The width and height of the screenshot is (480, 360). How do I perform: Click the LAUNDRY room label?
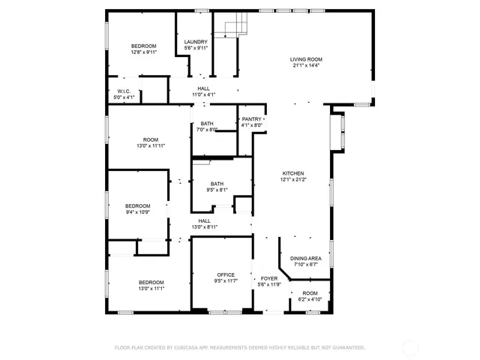[x=196, y=42]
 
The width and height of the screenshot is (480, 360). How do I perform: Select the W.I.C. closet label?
[x=124, y=92]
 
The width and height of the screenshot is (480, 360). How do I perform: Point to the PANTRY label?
[x=252, y=119]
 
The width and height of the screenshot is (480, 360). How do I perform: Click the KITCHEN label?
[x=292, y=172]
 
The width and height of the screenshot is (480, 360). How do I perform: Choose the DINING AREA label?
[x=305, y=258]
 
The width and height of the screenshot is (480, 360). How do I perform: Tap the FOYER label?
[x=268, y=278]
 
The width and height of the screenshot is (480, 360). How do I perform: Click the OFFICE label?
[x=226, y=274]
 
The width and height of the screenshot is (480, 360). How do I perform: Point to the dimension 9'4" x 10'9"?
[x=137, y=212]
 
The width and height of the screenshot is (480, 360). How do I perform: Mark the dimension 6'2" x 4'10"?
[x=309, y=299]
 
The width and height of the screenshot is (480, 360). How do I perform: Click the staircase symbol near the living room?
[x=235, y=27]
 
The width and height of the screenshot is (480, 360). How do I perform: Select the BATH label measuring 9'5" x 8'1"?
[x=217, y=184]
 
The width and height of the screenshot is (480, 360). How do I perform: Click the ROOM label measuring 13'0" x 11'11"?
[x=151, y=139]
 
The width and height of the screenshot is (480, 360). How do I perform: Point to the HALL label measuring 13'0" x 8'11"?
[x=204, y=220]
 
